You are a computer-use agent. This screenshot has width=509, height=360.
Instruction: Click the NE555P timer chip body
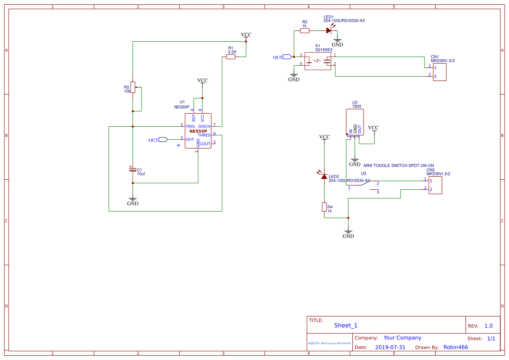click(198, 131)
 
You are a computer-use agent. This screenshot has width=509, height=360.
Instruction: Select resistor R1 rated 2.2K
click(231, 57)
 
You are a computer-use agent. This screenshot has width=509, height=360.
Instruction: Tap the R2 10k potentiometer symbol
click(133, 87)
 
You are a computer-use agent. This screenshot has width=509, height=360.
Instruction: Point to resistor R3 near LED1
click(304, 30)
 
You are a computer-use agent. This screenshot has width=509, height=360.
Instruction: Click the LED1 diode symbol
click(329, 30)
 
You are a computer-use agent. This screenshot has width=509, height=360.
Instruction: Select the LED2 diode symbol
click(324, 176)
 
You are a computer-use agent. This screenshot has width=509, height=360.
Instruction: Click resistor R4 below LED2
click(324, 207)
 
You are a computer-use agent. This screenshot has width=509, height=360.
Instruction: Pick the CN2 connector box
click(435, 185)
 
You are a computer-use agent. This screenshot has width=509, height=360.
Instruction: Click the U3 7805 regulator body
click(354, 122)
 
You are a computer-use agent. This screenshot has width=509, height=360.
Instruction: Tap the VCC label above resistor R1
click(246, 35)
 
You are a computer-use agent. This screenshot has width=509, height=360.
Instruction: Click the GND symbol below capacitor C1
click(133, 201)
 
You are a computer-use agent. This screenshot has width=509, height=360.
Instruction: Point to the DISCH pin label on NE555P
click(204, 127)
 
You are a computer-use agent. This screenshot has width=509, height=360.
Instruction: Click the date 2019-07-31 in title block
click(390, 347)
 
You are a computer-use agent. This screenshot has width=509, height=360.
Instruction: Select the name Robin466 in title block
click(455, 347)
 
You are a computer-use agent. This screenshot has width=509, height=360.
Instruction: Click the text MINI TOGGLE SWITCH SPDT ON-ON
click(398, 165)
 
